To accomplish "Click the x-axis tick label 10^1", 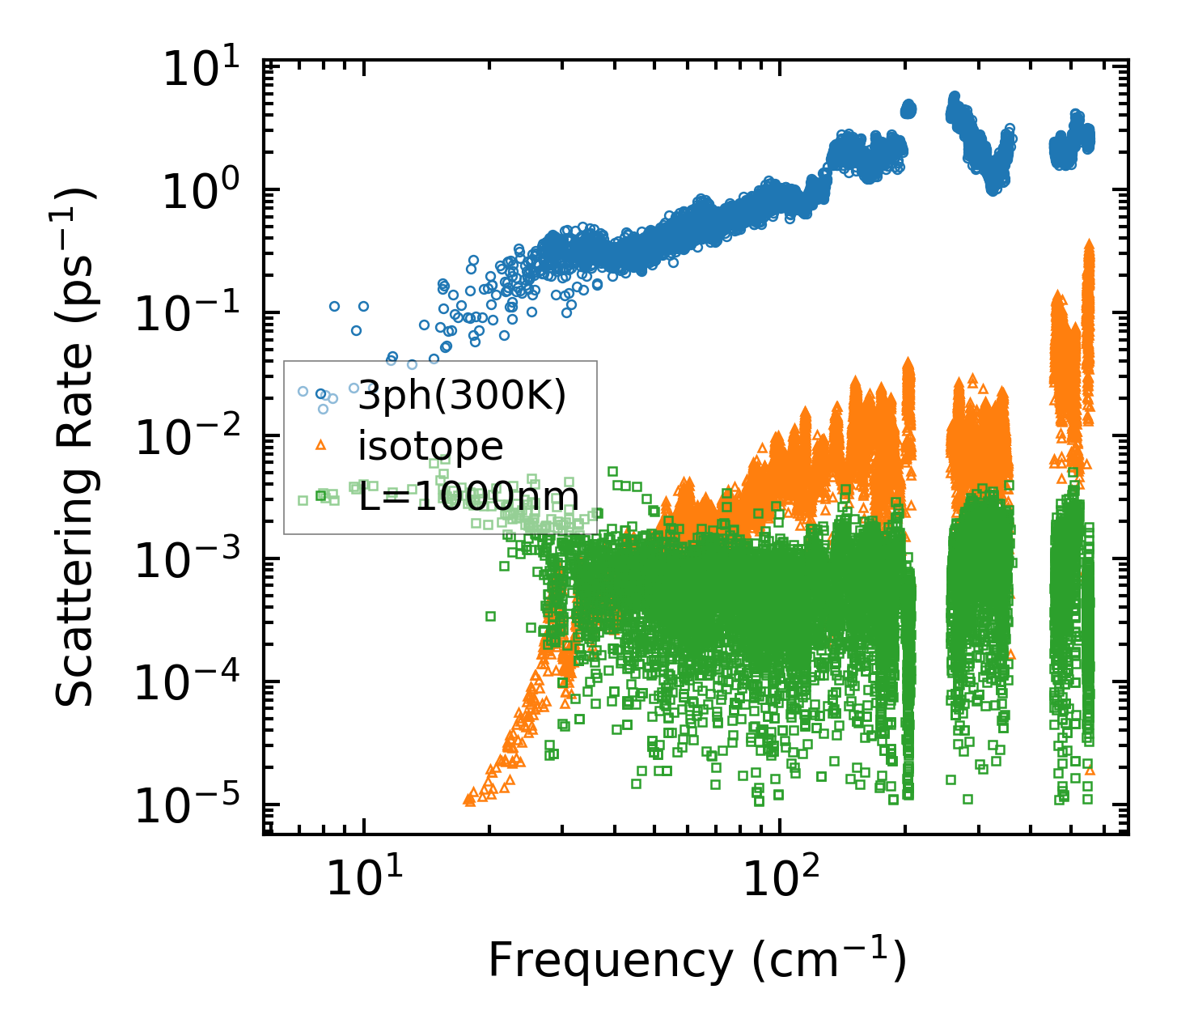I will [364, 879].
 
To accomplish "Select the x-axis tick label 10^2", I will [779, 879].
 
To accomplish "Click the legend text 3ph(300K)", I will [462, 397].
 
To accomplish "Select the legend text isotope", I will [430, 446].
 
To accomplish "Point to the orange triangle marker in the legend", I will [321, 444].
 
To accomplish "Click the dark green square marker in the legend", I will [321, 495].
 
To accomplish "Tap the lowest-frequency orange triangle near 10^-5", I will [468, 800].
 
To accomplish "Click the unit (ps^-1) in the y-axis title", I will [74, 243].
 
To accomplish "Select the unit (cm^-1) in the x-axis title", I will [828, 962].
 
